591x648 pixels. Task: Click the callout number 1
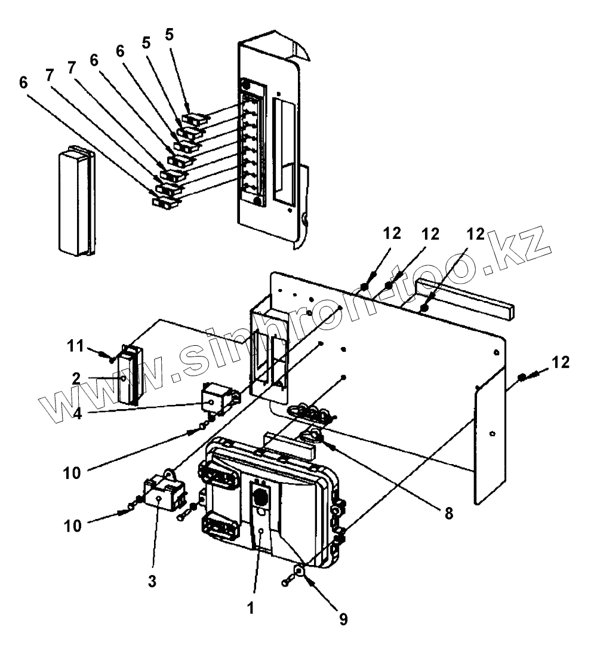point(251,608)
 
